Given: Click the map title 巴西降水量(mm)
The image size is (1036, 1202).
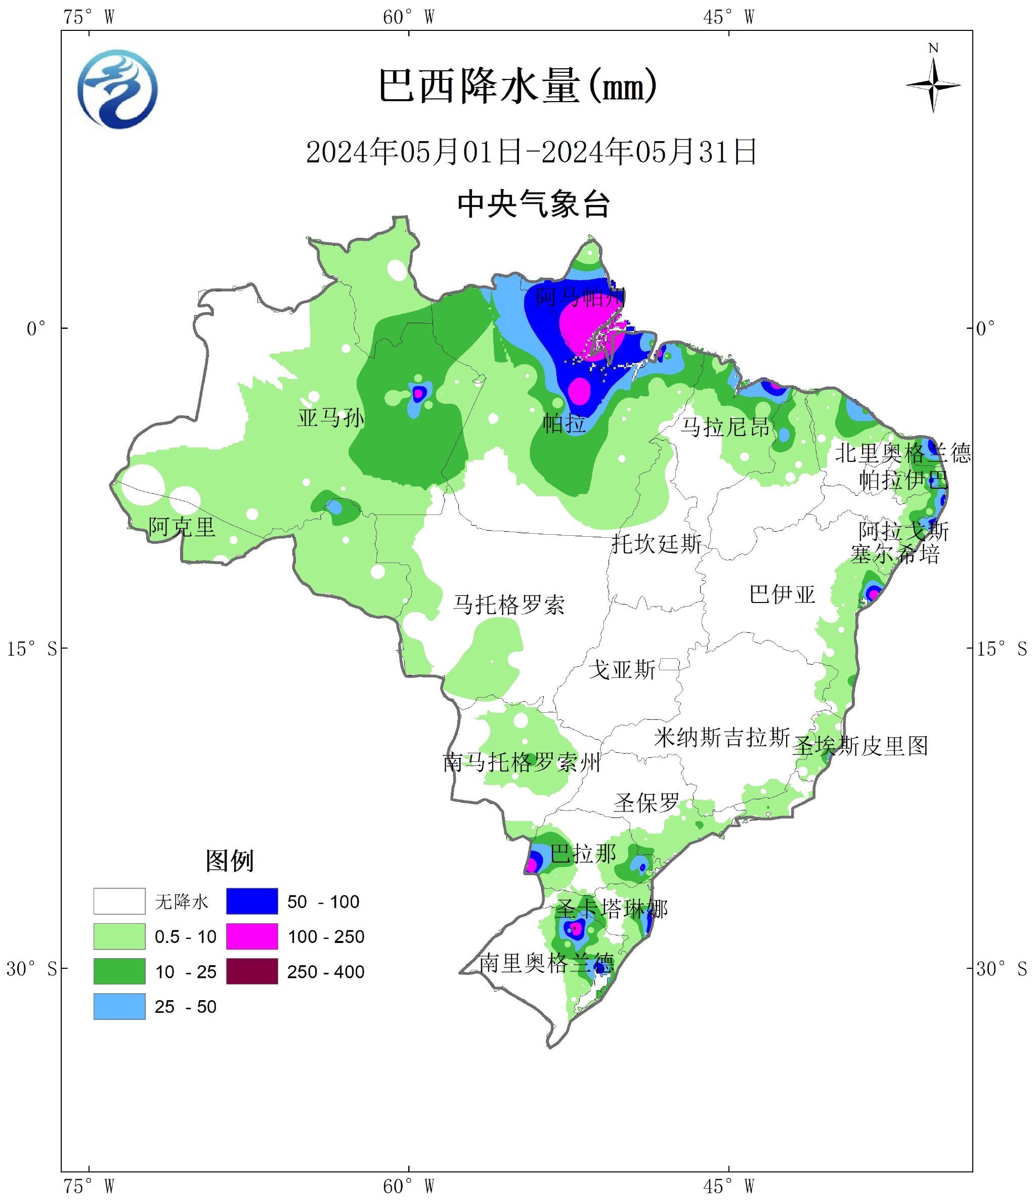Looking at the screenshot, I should click(518, 87).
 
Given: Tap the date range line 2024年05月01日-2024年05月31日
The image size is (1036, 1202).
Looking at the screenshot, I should click(531, 152).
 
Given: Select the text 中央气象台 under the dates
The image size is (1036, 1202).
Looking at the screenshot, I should click(533, 204).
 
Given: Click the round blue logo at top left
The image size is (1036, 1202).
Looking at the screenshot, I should click(118, 89).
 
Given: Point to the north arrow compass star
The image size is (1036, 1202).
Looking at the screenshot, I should click(933, 86).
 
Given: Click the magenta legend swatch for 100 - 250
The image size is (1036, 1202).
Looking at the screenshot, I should click(252, 936).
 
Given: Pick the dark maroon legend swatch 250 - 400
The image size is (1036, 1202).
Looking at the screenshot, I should click(252, 971).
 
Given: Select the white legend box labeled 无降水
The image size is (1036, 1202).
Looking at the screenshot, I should click(119, 901).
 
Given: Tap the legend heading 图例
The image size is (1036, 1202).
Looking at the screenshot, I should click(230, 861).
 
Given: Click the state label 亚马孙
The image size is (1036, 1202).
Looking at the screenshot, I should click(331, 418).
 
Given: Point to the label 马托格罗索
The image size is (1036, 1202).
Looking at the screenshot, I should click(509, 605).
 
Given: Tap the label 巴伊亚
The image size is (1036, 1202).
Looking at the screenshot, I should click(782, 594).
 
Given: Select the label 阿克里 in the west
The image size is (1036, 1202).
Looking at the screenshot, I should click(182, 527).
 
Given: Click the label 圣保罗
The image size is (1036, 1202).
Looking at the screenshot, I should click(646, 803).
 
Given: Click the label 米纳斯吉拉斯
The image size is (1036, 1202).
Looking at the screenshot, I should click(721, 737).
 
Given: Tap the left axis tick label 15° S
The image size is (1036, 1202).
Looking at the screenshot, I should click(32, 649).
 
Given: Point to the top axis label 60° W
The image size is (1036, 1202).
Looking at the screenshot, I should click(408, 17).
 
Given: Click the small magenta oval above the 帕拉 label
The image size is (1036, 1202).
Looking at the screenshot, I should click(579, 391).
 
